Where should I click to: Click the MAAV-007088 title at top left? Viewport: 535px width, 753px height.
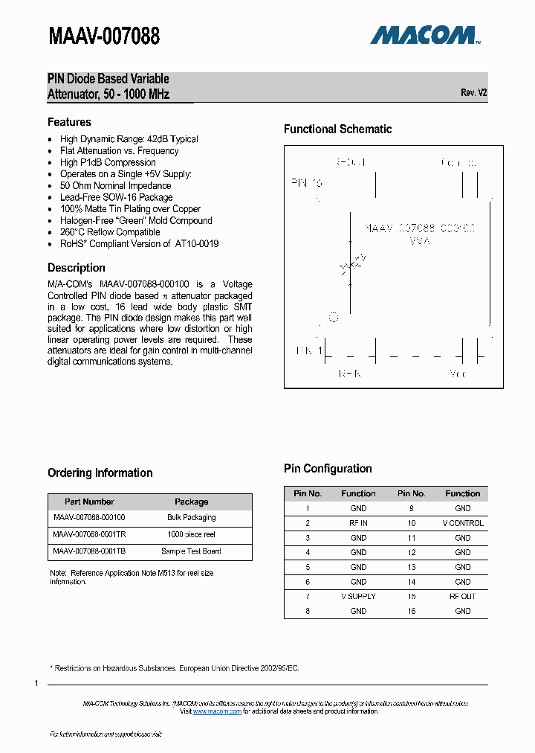pyautogui.click(x=103, y=35)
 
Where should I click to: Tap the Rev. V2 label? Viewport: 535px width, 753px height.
pyautogui.click(x=473, y=93)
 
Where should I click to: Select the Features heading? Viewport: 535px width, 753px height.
pyautogui.click(x=69, y=122)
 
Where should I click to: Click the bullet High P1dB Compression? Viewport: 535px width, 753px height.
pyautogui.click(x=108, y=162)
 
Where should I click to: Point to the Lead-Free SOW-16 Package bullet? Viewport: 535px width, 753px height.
pyautogui.click(x=116, y=197)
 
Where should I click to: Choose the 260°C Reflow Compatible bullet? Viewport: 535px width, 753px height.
pyautogui.click(x=110, y=232)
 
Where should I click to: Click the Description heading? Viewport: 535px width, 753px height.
pyautogui.click(x=77, y=268)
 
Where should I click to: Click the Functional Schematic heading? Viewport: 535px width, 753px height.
pyautogui.click(x=337, y=129)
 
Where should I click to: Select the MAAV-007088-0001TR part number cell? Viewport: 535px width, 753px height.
pyautogui.click(x=89, y=534)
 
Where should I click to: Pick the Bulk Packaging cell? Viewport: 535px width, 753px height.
pyautogui.click(x=191, y=517)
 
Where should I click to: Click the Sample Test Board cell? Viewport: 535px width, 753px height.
pyautogui.click(x=191, y=551)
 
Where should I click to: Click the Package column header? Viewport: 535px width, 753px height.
pyautogui.click(x=191, y=502)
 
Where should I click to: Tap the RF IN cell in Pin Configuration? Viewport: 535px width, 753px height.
pyautogui.click(x=358, y=523)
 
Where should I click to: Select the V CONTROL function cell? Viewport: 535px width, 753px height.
pyautogui.click(x=462, y=523)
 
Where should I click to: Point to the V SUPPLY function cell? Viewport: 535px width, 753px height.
pyautogui.click(x=358, y=596)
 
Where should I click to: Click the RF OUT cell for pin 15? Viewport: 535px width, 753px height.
pyautogui.click(x=462, y=596)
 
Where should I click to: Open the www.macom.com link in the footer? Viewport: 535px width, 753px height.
pyautogui.click(x=217, y=712)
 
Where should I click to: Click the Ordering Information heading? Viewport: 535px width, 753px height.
pyautogui.click(x=100, y=473)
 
